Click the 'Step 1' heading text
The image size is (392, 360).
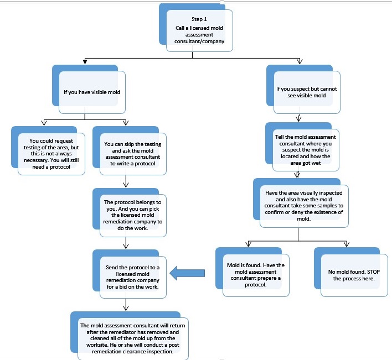[199, 19]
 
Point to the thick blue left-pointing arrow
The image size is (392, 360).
[187, 273]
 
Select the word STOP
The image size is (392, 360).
[374, 272]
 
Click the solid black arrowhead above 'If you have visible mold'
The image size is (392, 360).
[85, 61]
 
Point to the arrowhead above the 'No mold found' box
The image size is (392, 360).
[347, 244]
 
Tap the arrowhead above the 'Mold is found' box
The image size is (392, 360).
[248, 244]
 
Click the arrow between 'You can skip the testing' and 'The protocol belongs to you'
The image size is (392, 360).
[126, 181]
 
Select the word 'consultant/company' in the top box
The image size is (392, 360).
[199, 41]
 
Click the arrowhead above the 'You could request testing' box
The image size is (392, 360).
[44, 122]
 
